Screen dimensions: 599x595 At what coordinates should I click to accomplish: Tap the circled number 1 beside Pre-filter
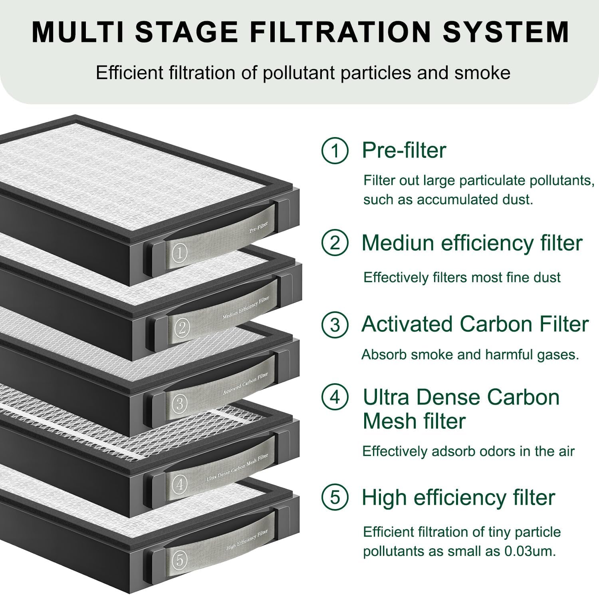[x=335, y=151]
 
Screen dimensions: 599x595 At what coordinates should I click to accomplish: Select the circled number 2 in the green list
[x=335, y=243]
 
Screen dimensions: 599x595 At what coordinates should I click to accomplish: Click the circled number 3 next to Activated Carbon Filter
[x=335, y=324]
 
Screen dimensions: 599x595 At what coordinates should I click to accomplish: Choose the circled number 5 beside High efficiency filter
[x=335, y=497]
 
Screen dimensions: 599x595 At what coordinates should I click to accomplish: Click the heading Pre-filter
[x=404, y=151]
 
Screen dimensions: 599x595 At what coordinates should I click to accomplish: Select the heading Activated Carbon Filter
[x=475, y=324]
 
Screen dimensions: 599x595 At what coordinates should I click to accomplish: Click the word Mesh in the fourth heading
[x=388, y=421]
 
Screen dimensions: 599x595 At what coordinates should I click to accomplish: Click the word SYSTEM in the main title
[x=506, y=32]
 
